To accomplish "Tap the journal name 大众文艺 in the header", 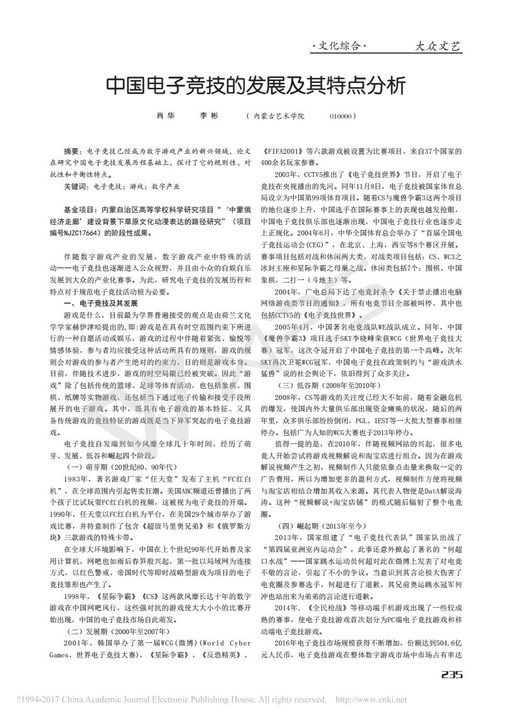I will pyautogui.click(x=438, y=46).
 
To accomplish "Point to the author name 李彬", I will pyautogui.click(x=208, y=117).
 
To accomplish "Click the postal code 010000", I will pyautogui.click(x=343, y=117).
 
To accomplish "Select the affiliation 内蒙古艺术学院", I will pyautogui.click(x=278, y=117).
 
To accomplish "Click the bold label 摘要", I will pyautogui.click(x=72, y=152).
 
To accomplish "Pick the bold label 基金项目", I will pyautogui.click(x=80, y=210).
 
